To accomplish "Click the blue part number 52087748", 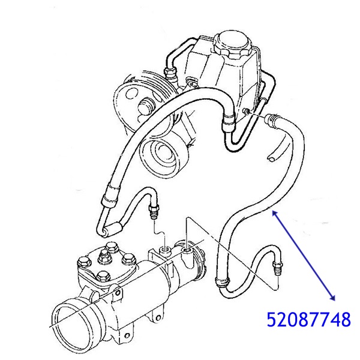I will pyautogui.click(x=308, y=319).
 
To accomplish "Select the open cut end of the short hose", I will pyautogui.click(x=271, y=157).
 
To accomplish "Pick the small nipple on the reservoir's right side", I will pyautogui.click(x=247, y=112).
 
